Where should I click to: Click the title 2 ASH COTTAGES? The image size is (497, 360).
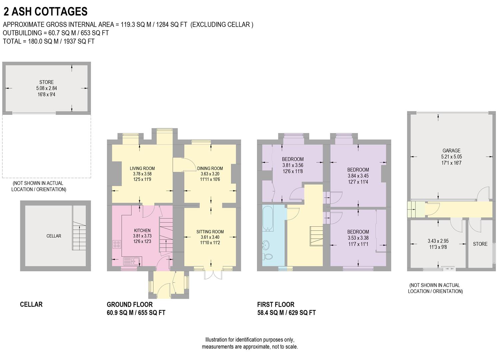coord(45,12)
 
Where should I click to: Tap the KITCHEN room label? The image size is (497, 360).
coord(142,230)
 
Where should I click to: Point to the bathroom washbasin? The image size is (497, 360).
coord(267,245)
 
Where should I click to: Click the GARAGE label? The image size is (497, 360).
coord(451,151)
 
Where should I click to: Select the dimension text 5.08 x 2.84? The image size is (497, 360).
coord(47,88)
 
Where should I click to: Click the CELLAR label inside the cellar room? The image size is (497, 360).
coord(54,236)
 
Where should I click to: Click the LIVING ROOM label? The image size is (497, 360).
coord(142,168)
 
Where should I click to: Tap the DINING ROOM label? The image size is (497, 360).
coord(210,168)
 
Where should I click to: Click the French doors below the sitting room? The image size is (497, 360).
coord(213,275)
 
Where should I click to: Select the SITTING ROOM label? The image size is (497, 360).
coord(210,232)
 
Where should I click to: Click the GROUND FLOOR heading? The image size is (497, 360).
coord(130,304)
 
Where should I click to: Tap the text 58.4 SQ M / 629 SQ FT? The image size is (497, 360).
coord(286,313)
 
